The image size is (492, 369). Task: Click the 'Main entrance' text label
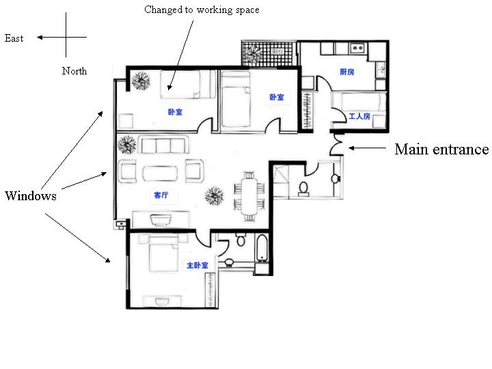[x=441, y=149]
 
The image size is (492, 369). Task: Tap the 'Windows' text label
[x=30, y=196]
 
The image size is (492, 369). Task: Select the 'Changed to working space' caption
[x=202, y=10]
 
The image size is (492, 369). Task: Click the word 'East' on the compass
[x=14, y=38]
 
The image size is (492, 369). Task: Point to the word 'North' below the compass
[x=74, y=70]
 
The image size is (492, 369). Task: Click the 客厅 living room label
[x=161, y=195]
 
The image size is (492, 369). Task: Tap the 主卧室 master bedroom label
[x=197, y=265]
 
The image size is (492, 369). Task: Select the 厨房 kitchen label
[x=347, y=72]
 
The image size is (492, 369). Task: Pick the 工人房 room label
[x=359, y=117]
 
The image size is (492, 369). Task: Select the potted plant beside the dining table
[x=215, y=197]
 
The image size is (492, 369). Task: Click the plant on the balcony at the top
[x=253, y=53]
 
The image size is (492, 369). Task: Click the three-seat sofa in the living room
[x=163, y=145]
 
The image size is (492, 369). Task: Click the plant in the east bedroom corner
[x=141, y=82]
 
